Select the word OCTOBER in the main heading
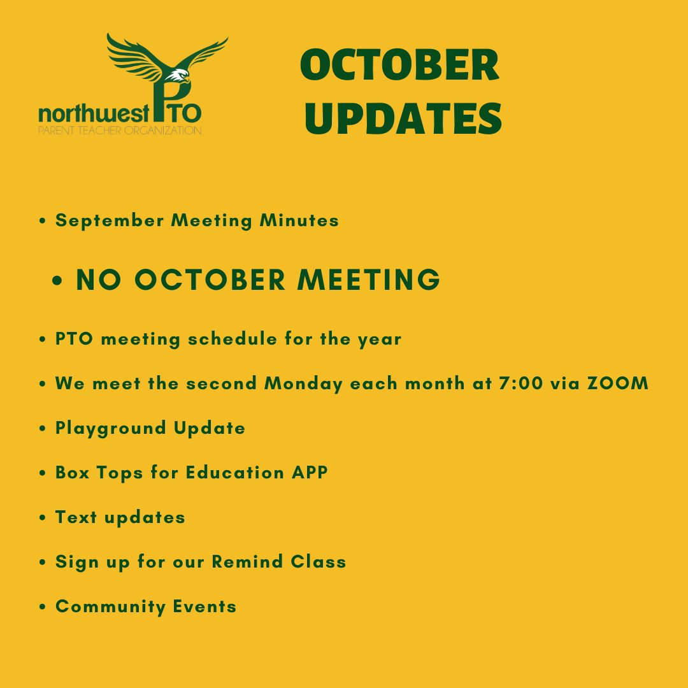[x=399, y=66]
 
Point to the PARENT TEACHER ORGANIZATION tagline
[x=120, y=131]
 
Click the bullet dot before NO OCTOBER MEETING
[x=59, y=282]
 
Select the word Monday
[x=303, y=383]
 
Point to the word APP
[x=310, y=473]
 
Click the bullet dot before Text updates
[x=43, y=518]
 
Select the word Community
[x=110, y=606]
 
